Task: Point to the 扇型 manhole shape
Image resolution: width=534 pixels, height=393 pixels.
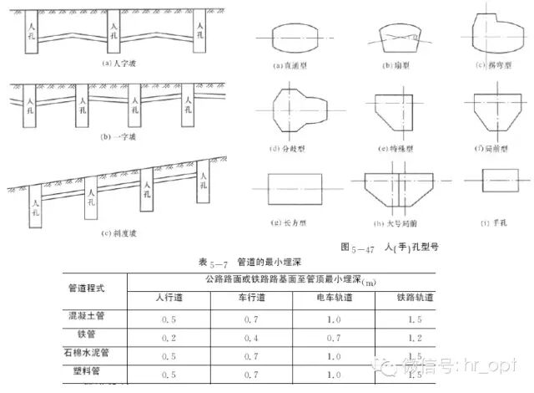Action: click(398, 37)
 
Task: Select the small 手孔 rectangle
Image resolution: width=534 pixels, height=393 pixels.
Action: click(494, 180)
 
